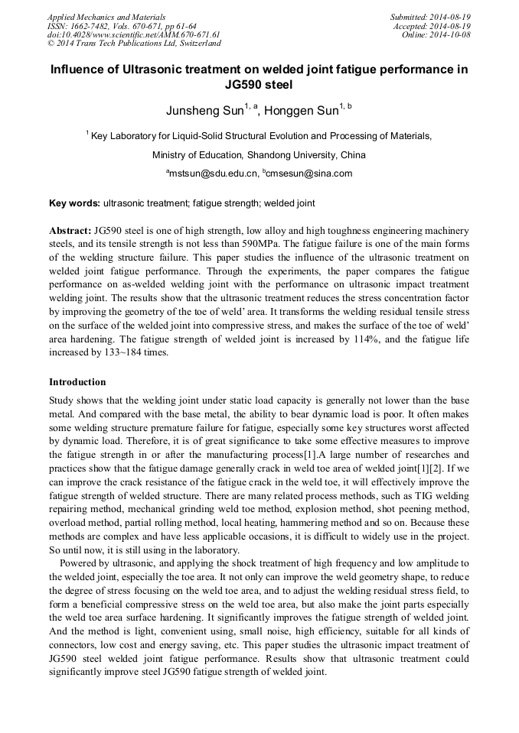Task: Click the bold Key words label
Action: [74, 203]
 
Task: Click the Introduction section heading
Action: [77, 381]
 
